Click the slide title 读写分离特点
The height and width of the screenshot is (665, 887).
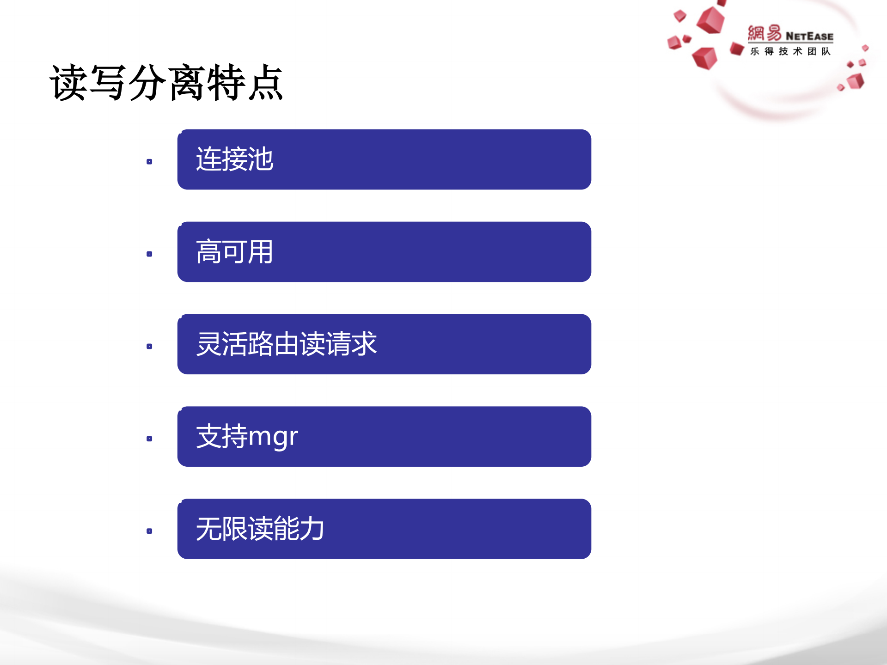166,83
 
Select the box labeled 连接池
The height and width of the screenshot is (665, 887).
384,159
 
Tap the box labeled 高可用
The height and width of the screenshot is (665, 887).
384,252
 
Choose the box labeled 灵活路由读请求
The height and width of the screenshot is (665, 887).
384,344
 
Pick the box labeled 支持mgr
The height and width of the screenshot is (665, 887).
384,437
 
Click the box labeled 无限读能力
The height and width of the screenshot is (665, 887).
384,529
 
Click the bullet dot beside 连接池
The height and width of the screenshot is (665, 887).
149,162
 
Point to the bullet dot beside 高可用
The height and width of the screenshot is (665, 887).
149,254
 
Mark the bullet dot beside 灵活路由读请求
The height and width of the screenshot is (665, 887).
149,347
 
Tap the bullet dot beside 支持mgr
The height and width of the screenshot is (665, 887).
149,439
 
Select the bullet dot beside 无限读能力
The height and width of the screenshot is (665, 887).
149,531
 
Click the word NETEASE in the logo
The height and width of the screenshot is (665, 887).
809,36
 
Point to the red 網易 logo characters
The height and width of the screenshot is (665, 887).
765,33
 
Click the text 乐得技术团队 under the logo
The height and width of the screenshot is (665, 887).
790,51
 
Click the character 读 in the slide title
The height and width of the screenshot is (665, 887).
68,83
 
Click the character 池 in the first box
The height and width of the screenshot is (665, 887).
261,159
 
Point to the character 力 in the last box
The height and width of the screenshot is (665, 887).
312,529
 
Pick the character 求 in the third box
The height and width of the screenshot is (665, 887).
364,344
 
